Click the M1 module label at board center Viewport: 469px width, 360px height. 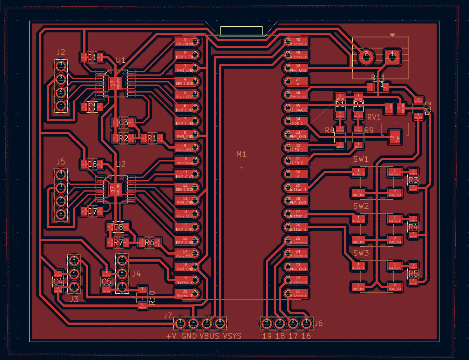241,154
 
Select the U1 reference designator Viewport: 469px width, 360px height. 121,60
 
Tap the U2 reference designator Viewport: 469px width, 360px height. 121,164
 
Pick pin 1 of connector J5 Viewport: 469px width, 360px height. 60,213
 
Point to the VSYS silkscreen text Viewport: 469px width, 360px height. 232,336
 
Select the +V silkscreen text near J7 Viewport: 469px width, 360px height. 171,336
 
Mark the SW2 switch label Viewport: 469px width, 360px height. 361,206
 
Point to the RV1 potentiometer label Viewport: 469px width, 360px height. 374,117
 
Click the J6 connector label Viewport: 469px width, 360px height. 318,323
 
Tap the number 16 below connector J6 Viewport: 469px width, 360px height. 306,336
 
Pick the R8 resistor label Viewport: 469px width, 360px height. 330,130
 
